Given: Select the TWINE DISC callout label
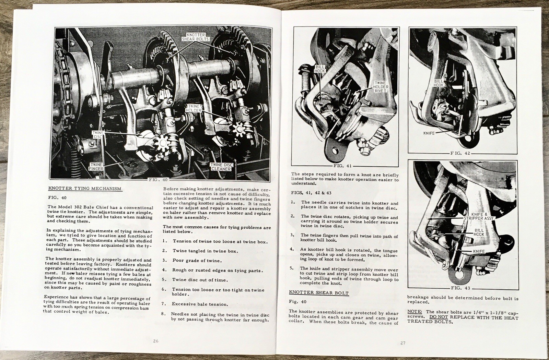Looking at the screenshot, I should [97, 134].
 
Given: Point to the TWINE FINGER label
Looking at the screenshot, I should [96, 167].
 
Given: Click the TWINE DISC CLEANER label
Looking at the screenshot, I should [221, 167].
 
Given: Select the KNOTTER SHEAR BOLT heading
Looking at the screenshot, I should [319, 293].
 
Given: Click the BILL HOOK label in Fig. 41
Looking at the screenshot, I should [319, 69].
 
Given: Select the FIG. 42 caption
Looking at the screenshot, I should [460, 153].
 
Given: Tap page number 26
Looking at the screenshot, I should [156, 341].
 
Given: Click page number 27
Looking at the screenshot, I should [403, 343].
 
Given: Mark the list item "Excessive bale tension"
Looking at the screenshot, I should [200, 304].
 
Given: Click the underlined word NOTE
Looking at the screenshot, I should [414, 312].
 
